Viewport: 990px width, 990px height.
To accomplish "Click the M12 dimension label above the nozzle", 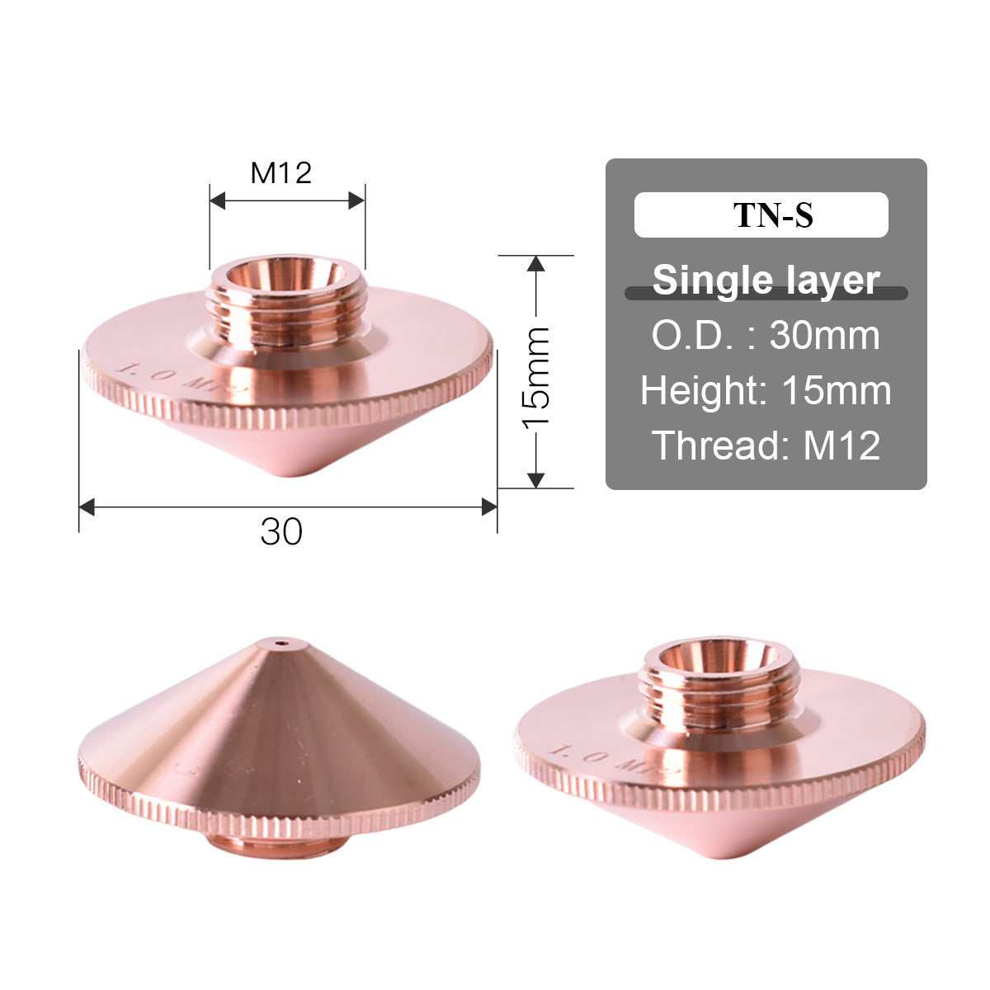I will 280,172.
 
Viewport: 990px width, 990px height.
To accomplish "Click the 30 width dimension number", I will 281,532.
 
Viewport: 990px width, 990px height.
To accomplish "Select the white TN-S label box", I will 761,215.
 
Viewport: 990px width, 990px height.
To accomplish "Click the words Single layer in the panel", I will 766,280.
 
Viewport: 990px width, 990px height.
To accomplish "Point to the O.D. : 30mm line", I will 766,336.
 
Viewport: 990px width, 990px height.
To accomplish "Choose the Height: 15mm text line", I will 766,390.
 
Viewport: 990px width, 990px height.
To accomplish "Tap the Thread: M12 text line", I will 766,445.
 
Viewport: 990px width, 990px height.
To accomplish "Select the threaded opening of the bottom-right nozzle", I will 714,657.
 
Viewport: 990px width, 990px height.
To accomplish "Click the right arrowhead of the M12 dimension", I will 356,200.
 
